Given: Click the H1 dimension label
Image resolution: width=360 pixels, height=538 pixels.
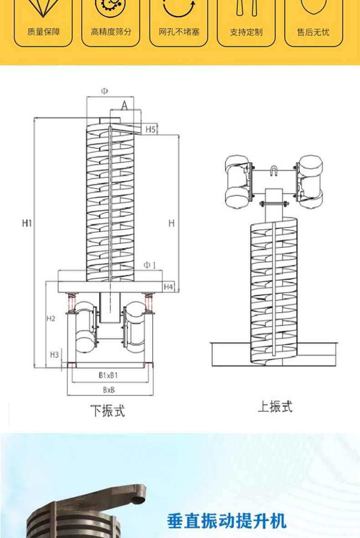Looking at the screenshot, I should (27, 223).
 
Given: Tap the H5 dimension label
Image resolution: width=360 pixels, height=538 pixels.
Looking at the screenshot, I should (150, 129).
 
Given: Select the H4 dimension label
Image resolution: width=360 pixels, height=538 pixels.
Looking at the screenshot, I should (168, 287).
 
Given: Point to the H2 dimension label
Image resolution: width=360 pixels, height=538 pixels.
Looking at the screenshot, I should (51, 318).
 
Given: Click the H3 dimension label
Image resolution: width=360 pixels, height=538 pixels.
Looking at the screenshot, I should (54, 354).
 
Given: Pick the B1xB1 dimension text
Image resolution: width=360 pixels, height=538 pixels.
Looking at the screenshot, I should (108, 375).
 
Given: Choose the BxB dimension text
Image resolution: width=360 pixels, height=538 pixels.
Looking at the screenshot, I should (108, 390).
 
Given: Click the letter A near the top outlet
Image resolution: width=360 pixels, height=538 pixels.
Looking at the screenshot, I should (124, 106).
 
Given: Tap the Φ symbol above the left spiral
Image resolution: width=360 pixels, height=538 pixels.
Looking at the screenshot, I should (104, 91).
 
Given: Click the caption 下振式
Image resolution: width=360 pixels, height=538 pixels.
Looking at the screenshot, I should (107, 411).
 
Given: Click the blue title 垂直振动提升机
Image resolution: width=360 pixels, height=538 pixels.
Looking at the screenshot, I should (226, 520).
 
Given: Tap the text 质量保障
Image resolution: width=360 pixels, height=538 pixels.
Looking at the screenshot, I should (43, 32).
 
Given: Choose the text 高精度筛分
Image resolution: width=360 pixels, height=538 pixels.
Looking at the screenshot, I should (111, 32).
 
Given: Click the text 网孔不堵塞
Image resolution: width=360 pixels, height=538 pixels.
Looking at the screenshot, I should (179, 32).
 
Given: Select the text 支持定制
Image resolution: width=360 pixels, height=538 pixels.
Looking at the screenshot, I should (246, 32).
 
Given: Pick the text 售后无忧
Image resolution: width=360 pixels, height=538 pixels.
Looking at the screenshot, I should (313, 32).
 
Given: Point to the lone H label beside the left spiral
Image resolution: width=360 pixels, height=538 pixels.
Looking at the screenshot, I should (171, 223).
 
